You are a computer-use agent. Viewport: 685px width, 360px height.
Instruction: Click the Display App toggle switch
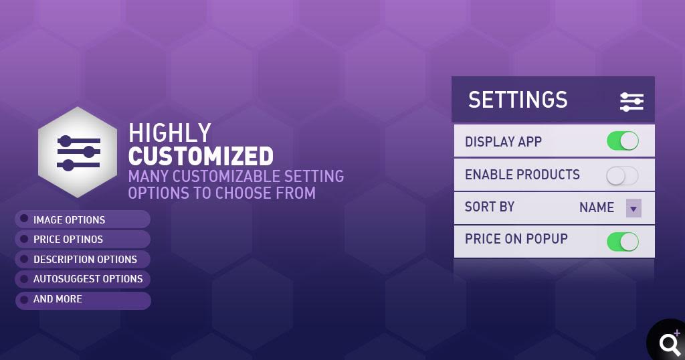623,142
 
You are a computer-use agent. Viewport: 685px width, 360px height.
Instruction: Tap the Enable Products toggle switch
623,175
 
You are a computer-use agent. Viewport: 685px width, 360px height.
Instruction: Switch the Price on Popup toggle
623,242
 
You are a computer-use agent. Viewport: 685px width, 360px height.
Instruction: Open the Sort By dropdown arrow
633,208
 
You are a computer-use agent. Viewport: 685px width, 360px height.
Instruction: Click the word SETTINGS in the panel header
518,100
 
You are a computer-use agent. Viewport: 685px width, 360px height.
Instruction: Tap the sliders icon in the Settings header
631,102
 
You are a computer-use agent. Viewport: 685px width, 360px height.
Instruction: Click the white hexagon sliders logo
78,152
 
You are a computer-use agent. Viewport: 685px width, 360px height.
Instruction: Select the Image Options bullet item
82,219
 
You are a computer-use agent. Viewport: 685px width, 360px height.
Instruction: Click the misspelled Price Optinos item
82,240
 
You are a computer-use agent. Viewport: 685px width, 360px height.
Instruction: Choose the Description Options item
82,259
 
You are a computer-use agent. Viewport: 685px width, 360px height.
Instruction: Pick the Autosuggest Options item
82,279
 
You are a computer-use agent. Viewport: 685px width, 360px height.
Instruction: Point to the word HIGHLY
169,132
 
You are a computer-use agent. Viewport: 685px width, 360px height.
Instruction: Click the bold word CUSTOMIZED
201,156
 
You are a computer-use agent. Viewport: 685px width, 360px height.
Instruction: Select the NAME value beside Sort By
597,207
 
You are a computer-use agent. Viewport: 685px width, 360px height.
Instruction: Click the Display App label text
503,142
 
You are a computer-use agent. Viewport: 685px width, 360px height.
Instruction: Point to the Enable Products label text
522,175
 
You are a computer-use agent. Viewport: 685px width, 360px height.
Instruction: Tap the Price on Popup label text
516,238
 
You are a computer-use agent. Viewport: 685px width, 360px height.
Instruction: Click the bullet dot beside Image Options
24,218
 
